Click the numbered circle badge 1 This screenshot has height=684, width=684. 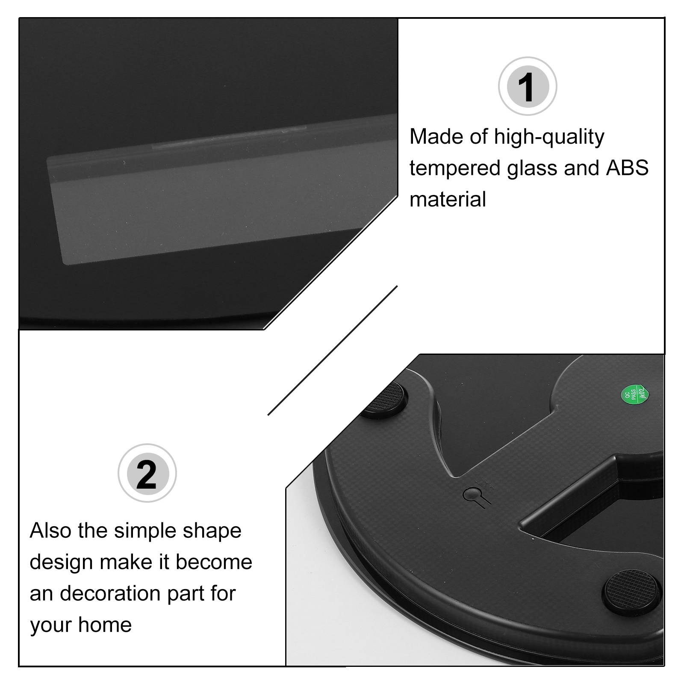pos(528,86)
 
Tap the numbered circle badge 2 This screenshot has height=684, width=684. pos(147,473)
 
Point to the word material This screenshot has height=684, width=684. pos(448,199)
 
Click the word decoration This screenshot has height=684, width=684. pos(110,593)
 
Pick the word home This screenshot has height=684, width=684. pos(105,625)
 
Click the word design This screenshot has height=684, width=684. pos(61,563)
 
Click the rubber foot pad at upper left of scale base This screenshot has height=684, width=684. pos(385,400)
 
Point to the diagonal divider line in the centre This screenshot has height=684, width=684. pos(333,351)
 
